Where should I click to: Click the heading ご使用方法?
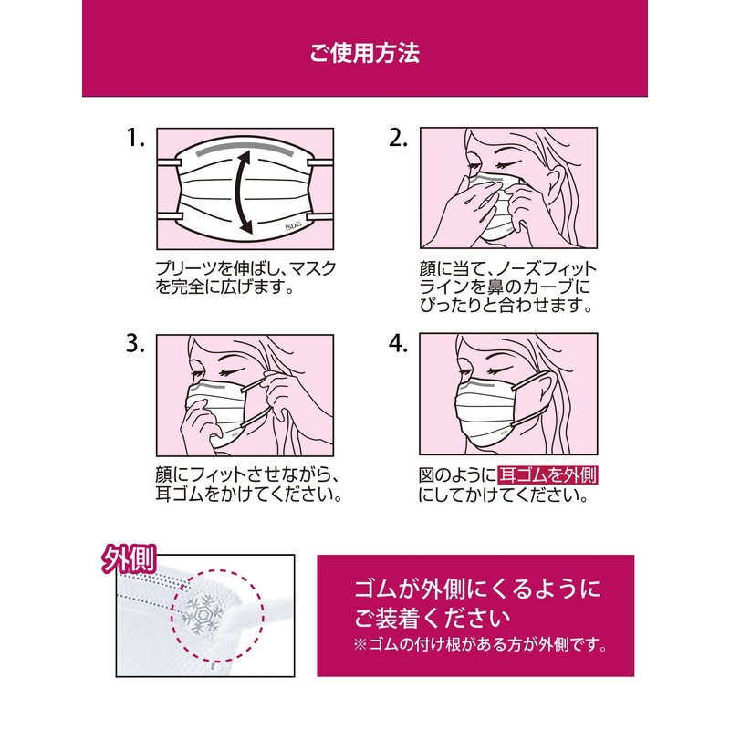(x=364, y=53)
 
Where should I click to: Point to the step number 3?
(x=135, y=344)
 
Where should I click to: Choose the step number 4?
(x=398, y=344)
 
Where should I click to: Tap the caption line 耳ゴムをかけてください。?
(x=248, y=495)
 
